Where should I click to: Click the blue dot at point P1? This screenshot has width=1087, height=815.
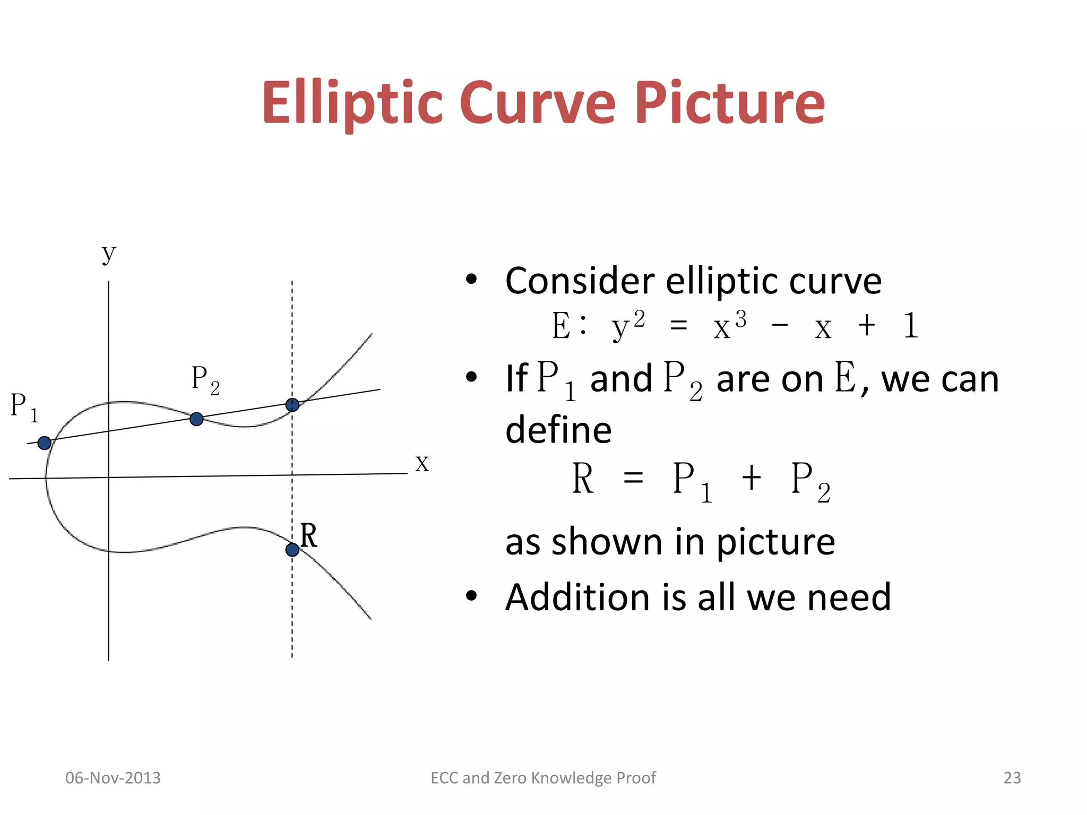pyautogui.click(x=45, y=443)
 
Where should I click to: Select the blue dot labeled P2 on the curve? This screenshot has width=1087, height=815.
pyautogui.click(x=196, y=419)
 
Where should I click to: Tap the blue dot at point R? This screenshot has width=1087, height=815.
pyautogui.click(x=292, y=550)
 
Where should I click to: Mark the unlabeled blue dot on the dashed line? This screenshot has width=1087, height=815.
pyautogui.click(x=292, y=405)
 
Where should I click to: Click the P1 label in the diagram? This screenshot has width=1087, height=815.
pyautogui.click(x=24, y=407)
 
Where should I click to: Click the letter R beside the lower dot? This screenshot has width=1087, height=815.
pyautogui.click(x=308, y=535)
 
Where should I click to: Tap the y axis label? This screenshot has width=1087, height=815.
pyautogui.click(x=109, y=254)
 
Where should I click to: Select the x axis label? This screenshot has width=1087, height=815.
pyautogui.click(x=422, y=463)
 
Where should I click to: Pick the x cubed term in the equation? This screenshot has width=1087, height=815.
pyautogui.click(x=730, y=325)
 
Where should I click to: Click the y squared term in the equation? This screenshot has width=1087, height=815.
pyautogui.click(x=628, y=325)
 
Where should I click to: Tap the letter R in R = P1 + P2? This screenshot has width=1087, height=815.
pyautogui.click(x=583, y=479)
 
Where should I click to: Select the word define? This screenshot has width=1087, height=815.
pyautogui.click(x=558, y=430)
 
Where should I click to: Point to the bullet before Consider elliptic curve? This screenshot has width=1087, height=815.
pyautogui.click(x=471, y=280)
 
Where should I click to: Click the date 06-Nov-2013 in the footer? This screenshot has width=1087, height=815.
pyautogui.click(x=113, y=778)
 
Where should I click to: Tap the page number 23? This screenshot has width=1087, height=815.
pyautogui.click(x=1012, y=778)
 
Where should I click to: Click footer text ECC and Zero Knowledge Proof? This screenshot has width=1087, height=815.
pyautogui.click(x=543, y=778)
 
